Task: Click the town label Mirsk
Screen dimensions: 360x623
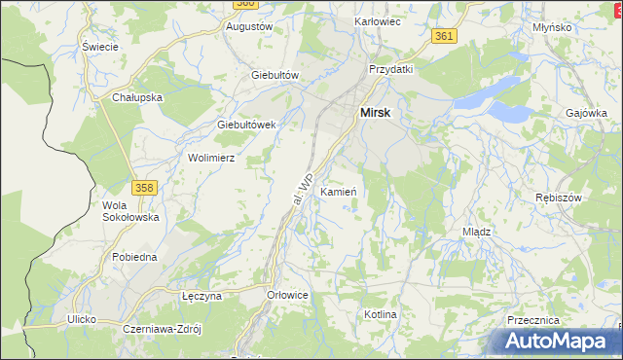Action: (x=376, y=113)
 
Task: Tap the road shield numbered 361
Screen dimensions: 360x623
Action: (x=444, y=36)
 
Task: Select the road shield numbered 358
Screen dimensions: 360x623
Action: (x=144, y=187)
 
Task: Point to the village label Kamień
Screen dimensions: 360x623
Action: (x=339, y=192)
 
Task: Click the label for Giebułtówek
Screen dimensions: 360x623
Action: (x=247, y=125)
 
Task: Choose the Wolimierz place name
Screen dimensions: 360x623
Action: (x=212, y=157)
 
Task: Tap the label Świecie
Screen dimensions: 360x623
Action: (x=100, y=47)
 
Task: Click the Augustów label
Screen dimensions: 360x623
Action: (x=248, y=27)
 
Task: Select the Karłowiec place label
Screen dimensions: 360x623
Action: (x=380, y=20)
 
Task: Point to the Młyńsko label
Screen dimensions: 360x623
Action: (x=552, y=28)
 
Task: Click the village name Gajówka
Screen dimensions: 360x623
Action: (x=586, y=113)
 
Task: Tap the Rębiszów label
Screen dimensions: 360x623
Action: (x=559, y=198)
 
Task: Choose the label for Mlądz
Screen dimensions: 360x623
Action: (x=476, y=233)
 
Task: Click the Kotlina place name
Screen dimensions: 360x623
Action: (x=381, y=315)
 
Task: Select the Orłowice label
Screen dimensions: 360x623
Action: (x=287, y=294)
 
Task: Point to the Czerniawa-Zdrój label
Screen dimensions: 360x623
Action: (x=162, y=329)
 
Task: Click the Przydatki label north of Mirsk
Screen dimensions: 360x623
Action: (x=391, y=69)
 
